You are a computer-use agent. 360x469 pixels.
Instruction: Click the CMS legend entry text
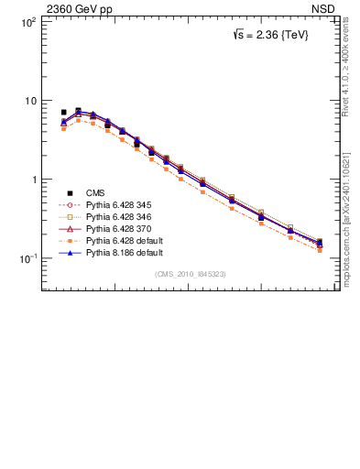[x=95, y=192]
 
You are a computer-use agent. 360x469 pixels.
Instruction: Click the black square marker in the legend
[x=70, y=192]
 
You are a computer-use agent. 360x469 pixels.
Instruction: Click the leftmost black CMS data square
[x=63, y=113]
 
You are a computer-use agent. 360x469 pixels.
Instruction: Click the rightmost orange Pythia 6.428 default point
[x=320, y=249]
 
